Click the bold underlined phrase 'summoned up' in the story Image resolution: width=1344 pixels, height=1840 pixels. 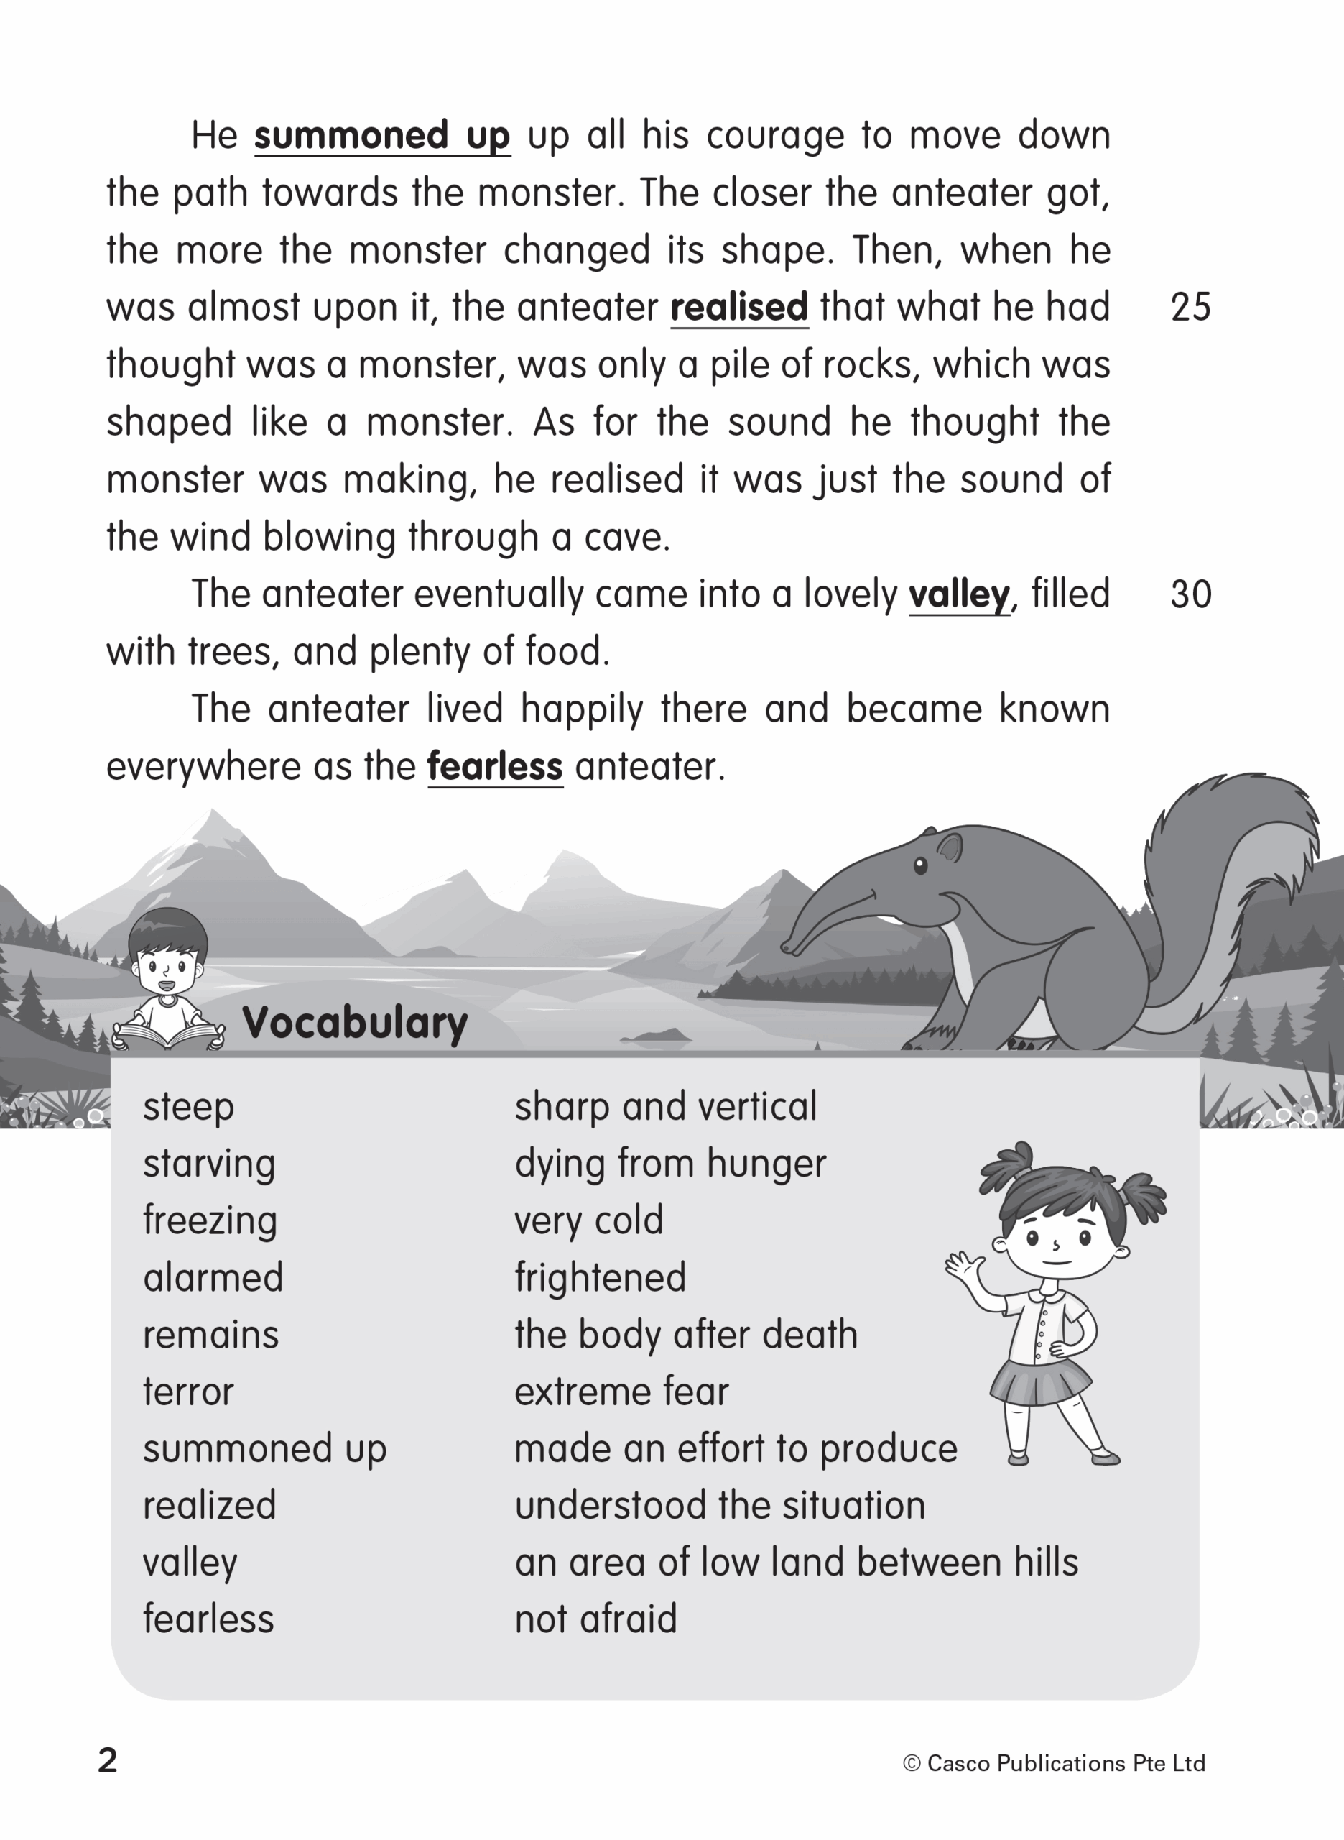click(x=381, y=136)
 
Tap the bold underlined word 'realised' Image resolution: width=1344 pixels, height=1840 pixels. click(x=738, y=308)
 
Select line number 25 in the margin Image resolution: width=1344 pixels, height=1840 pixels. click(x=1190, y=308)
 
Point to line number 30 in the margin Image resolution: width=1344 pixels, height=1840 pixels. click(x=1190, y=595)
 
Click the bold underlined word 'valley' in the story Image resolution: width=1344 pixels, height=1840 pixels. click(x=958, y=595)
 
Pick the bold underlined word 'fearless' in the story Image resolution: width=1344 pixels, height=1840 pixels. click(x=495, y=767)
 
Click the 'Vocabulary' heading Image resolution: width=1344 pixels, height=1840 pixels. click(x=355, y=1022)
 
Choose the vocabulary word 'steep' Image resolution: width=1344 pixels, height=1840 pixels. click(x=188, y=1107)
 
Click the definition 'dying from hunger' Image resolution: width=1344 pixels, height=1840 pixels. click(x=669, y=1164)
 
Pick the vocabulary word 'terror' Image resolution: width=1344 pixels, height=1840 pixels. click(x=188, y=1391)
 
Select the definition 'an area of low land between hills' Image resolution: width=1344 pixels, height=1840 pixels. click(x=796, y=1563)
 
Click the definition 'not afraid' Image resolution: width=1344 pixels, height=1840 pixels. click(x=595, y=1619)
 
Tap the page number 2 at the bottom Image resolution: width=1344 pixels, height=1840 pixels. click(x=107, y=1760)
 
